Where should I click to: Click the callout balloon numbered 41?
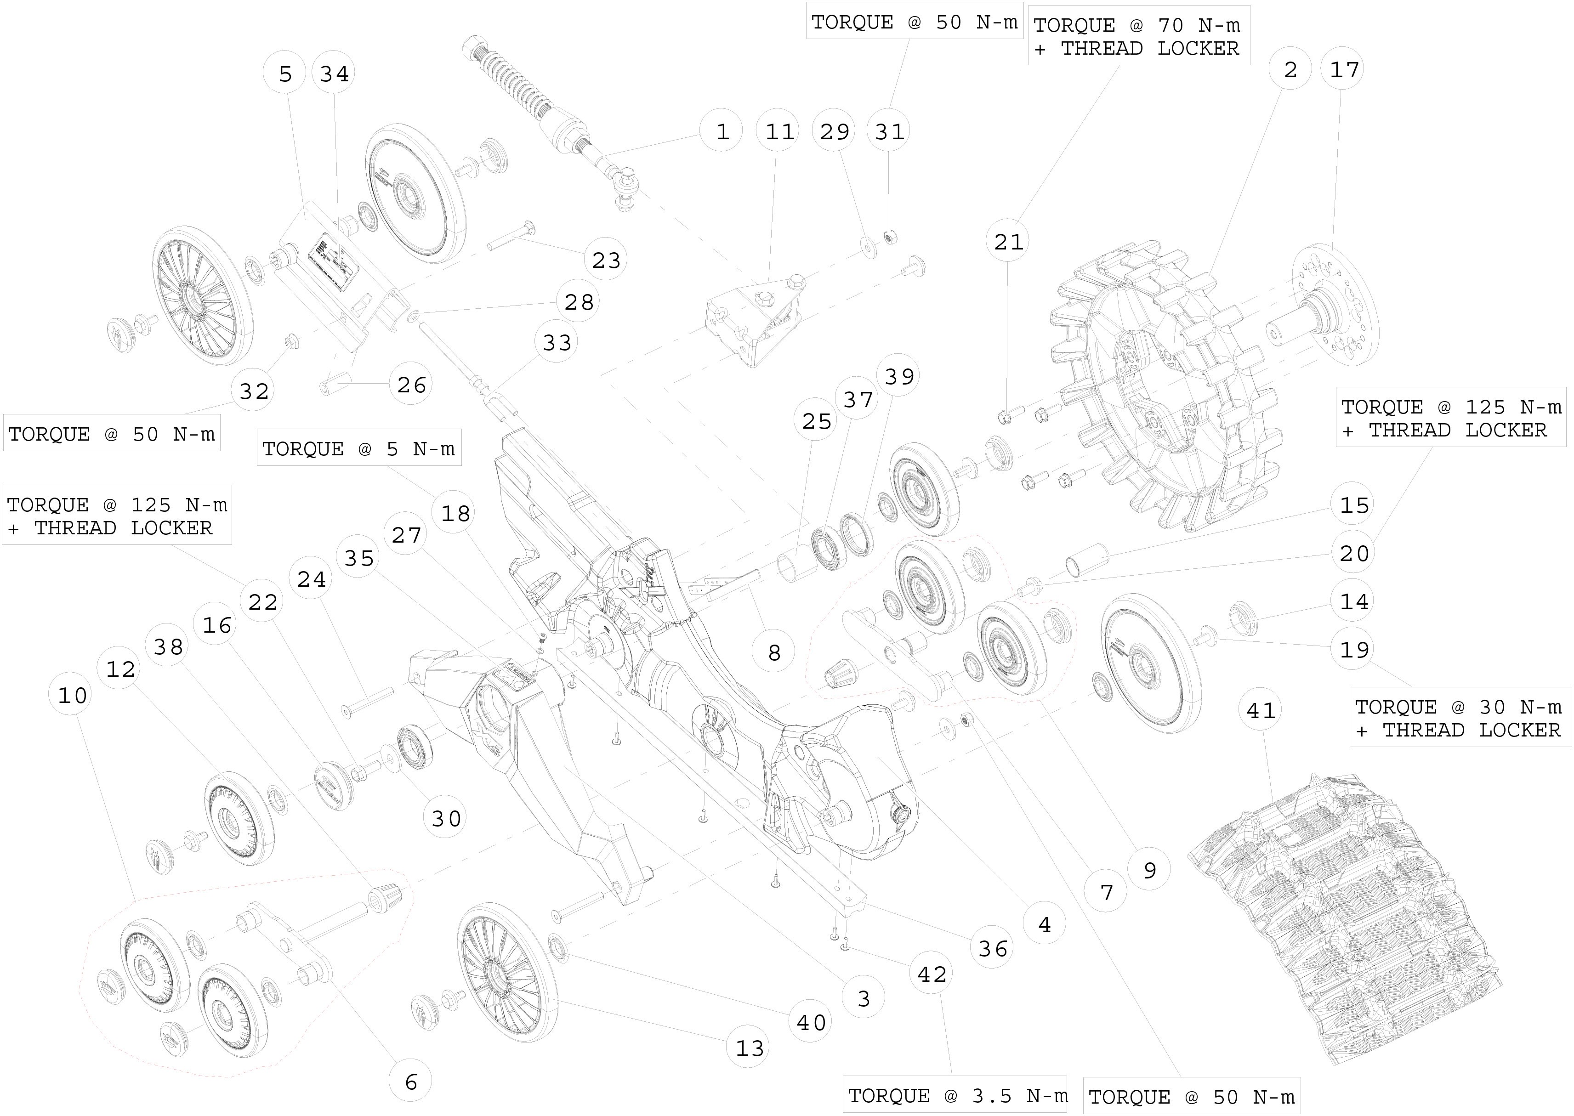tap(1261, 711)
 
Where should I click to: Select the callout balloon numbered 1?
tap(722, 131)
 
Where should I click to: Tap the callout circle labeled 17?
tap(1344, 69)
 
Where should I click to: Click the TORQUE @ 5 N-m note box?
tap(359, 449)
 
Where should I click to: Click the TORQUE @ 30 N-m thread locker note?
tap(1459, 718)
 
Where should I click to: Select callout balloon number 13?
tap(749, 1048)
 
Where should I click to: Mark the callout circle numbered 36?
tap(993, 949)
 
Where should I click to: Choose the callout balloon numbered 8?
tap(774, 652)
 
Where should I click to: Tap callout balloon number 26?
tap(411, 385)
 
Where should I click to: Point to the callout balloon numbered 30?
tap(446, 818)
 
